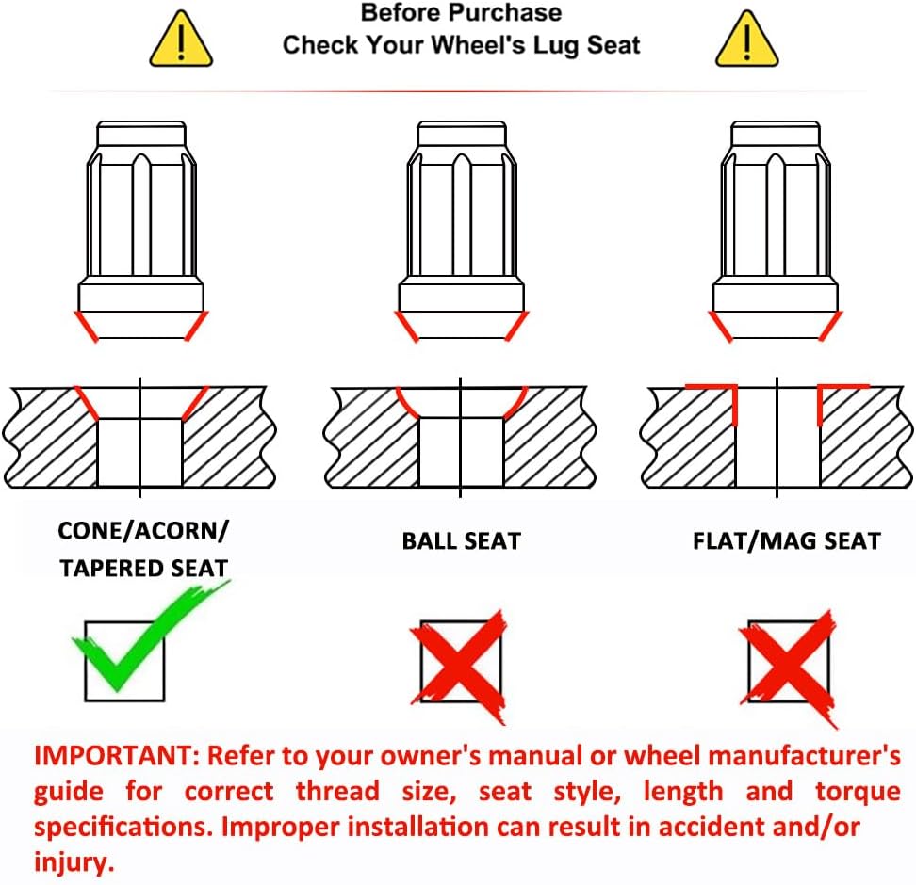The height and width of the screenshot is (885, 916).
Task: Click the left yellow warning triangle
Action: [181, 40]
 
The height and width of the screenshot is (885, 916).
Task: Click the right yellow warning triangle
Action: [747, 40]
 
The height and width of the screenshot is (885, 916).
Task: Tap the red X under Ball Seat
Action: [460, 666]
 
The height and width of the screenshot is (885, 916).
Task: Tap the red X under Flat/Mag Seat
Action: [789, 667]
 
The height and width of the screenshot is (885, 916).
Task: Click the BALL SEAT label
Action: [461, 541]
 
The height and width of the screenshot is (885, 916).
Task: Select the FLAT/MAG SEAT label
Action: [786, 541]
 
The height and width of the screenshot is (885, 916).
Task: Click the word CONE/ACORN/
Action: [143, 531]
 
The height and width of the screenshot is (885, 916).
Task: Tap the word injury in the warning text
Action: [74, 862]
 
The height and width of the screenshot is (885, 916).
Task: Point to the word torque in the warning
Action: [858, 792]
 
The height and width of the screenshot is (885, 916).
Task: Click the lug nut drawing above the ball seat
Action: [462, 232]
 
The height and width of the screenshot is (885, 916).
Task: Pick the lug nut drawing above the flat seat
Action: [776, 232]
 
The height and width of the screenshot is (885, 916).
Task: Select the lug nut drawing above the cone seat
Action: [140, 232]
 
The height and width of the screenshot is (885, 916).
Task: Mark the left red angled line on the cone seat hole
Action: [87, 403]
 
